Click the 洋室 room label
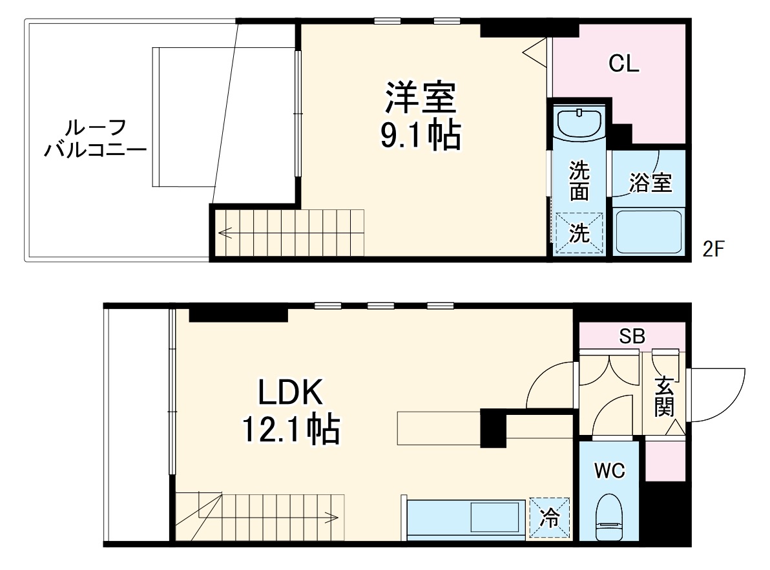point(422,98)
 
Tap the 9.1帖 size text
point(422,136)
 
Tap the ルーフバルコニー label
point(95,139)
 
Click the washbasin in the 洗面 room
point(579,123)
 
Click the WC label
point(610,471)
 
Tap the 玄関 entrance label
point(664,398)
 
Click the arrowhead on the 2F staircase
point(223,231)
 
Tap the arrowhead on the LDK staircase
point(335,517)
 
